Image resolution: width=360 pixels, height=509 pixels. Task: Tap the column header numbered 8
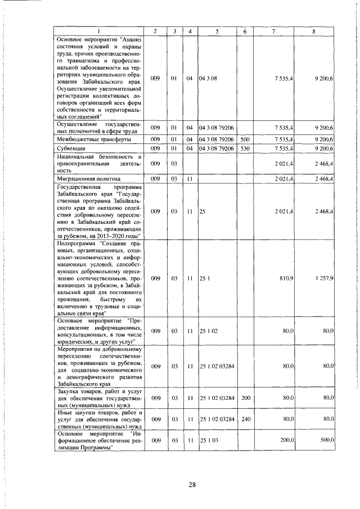pos(313,31)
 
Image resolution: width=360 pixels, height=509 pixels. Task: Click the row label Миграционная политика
pos(82,178)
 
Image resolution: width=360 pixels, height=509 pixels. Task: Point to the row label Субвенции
pos(70,148)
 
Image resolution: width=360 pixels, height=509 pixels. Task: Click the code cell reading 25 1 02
pos(208,331)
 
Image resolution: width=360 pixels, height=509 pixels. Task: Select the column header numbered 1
pos(99,31)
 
